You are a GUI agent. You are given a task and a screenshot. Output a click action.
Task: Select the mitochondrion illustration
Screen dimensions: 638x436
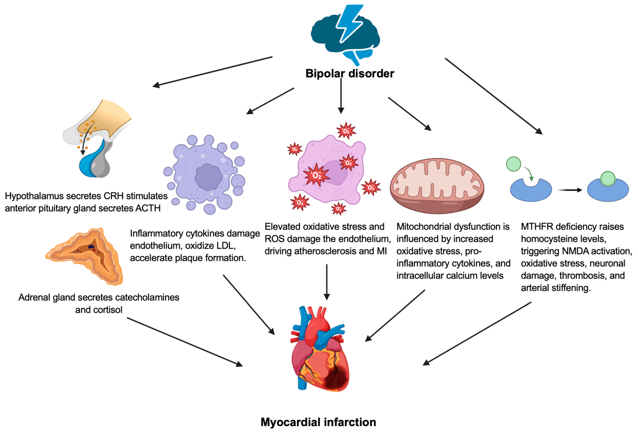437,186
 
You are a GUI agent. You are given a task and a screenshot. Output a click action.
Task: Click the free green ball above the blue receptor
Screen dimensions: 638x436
513,164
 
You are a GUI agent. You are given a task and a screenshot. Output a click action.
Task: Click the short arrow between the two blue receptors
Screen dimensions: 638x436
570,190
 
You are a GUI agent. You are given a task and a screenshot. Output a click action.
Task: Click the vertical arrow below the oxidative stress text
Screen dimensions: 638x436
327,282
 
